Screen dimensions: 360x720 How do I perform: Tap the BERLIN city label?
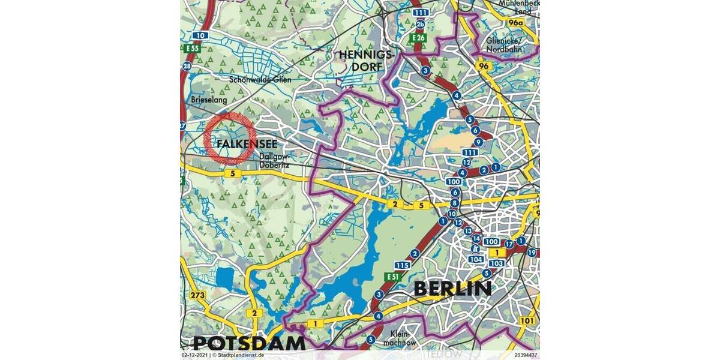tap(453, 289)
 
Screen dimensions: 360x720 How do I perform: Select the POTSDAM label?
tap(249, 343)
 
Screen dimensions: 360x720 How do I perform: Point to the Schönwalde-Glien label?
tap(260, 79)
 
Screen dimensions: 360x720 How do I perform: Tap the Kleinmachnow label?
tap(403, 337)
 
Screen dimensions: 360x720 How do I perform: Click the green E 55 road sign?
tap(192, 48)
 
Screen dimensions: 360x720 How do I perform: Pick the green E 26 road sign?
tap(418, 38)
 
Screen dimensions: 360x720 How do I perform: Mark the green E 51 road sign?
tap(392, 277)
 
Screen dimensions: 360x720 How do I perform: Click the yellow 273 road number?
tap(197, 295)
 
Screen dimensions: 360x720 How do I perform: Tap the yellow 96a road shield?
tap(515, 23)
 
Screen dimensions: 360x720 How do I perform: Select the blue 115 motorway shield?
tap(402, 265)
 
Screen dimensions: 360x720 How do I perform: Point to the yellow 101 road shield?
tap(527, 320)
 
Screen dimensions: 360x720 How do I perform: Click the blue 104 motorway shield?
tap(476, 259)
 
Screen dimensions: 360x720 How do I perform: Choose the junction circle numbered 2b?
tap(421, 24)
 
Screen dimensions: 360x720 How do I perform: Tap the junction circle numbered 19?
tap(531, 253)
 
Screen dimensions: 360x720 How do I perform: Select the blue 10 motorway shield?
tap(200, 36)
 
